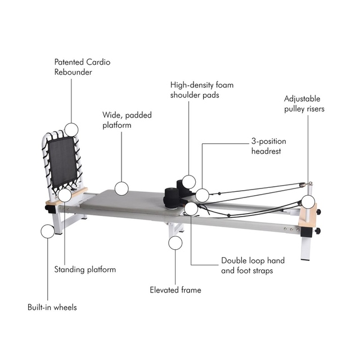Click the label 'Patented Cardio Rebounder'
[82, 67]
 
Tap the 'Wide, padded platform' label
[127, 120]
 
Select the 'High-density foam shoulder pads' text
[202, 90]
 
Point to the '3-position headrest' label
[269, 146]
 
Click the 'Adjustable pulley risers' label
[304, 103]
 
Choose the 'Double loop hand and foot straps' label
[253, 265]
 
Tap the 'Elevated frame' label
[175, 290]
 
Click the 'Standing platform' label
[85, 269]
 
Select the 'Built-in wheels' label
[52, 307]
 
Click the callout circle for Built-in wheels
[48, 231]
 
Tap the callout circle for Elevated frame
[175, 242]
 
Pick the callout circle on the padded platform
[121, 188]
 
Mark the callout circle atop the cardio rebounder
[71, 130]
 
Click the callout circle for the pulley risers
[308, 202]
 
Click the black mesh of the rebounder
[62, 161]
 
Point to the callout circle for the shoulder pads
[189, 182]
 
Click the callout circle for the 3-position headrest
[202, 195]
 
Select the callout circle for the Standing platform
[65, 195]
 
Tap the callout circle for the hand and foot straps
[191, 209]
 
